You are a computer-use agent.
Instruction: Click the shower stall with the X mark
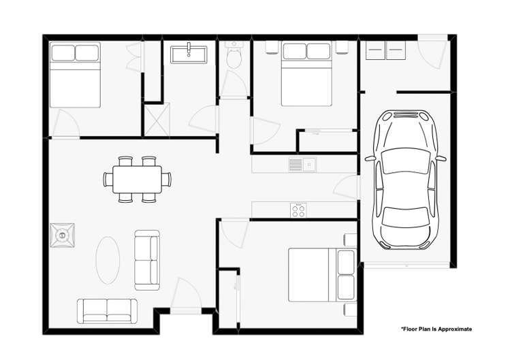click(155, 118)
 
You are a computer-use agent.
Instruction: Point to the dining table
click(137, 179)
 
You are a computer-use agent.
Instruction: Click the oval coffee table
click(108, 260)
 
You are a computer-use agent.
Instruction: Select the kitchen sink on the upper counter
click(300, 164)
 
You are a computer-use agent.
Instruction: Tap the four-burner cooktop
click(298, 210)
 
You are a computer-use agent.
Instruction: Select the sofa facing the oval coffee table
click(146, 259)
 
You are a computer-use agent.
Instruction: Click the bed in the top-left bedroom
click(75, 75)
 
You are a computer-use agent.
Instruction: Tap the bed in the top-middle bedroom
click(306, 73)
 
